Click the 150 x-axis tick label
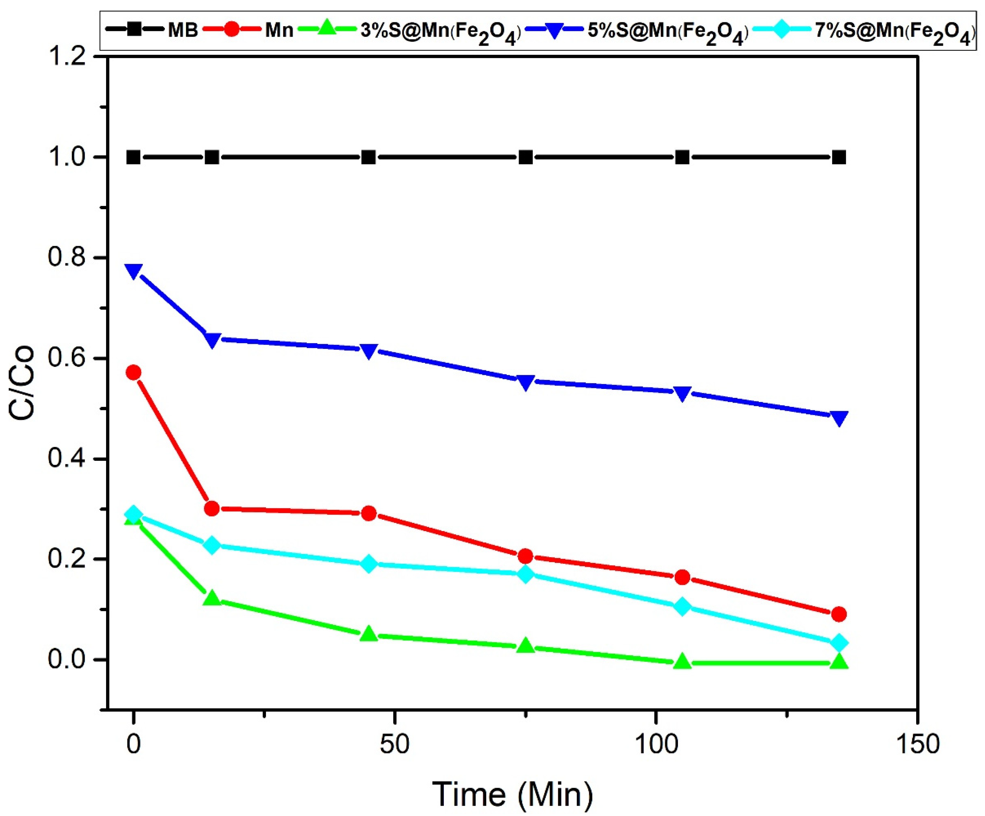pos(917,744)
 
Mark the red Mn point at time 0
pos(134,373)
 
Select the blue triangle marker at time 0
pos(134,271)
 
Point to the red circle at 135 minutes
pos(839,614)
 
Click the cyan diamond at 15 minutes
pos(212,545)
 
